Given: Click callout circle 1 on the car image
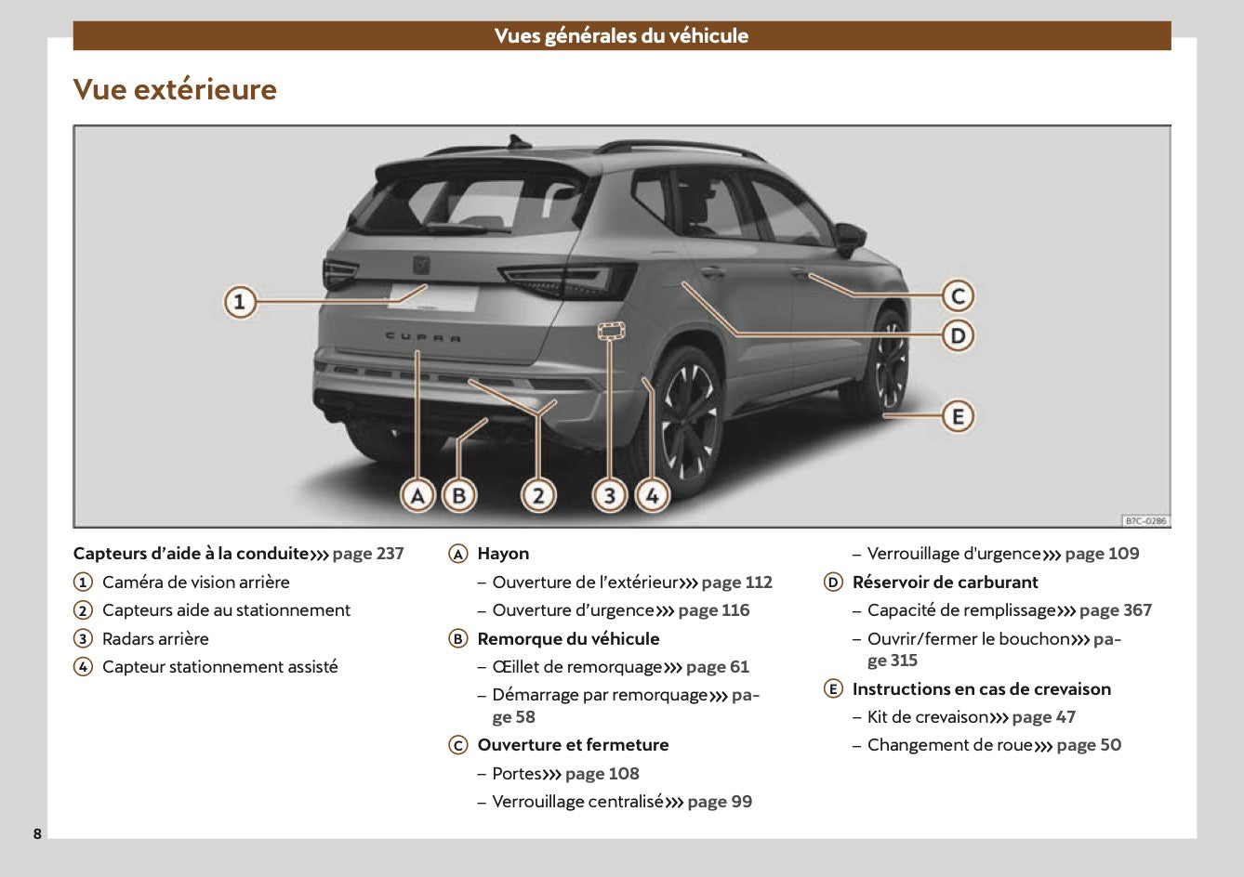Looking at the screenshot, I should click(240, 302).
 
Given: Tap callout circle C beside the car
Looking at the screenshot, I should click(958, 296).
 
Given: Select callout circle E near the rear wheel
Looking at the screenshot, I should click(958, 416).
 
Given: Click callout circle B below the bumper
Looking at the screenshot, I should click(458, 496).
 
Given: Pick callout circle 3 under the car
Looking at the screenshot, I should click(610, 496).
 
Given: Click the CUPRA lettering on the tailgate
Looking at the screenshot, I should click(423, 337).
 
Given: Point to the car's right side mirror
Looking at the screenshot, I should click(849, 237).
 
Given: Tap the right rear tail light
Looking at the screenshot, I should click(569, 281).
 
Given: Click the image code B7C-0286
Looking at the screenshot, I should click(1145, 521).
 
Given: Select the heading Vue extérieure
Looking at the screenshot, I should click(175, 89).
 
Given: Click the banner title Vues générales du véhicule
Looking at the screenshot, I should click(621, 36).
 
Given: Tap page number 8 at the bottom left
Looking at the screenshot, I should click(37, 833).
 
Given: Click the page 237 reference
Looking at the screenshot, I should click(368, 554).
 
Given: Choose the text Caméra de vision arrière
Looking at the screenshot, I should click(195, 582).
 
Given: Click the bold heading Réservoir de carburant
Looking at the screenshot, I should click(945, 582).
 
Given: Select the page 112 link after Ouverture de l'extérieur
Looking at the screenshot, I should click(736, 582).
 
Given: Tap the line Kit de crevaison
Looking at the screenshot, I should click(927, 717).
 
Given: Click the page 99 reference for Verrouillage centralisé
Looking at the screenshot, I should click(720, 802).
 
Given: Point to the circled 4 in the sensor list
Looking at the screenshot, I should click(84, 667).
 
